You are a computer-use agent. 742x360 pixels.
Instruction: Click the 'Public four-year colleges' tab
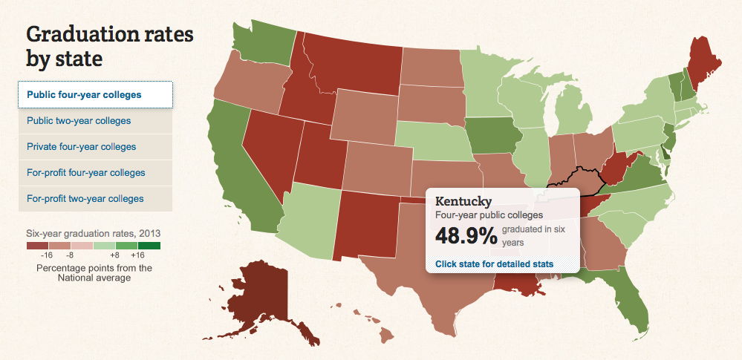pos(84,95)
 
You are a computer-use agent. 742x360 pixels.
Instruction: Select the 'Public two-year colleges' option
pos(79,120)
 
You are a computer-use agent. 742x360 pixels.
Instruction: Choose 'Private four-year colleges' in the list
pos(82,146)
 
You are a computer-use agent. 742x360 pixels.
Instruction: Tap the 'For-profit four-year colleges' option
pos(86,172)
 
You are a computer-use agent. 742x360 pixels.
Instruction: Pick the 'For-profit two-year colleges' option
pos(85,198)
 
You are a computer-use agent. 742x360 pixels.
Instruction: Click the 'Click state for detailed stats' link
pos(494,264)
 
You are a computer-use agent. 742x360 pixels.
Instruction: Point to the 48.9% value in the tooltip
pos(466,236)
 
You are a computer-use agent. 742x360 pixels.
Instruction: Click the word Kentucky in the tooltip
pos(463,201)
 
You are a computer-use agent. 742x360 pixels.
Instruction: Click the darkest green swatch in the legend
pos(149,245)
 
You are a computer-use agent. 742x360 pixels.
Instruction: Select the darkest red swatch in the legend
pos(37,245)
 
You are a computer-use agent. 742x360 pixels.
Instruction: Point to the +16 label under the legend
pos(137,255)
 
